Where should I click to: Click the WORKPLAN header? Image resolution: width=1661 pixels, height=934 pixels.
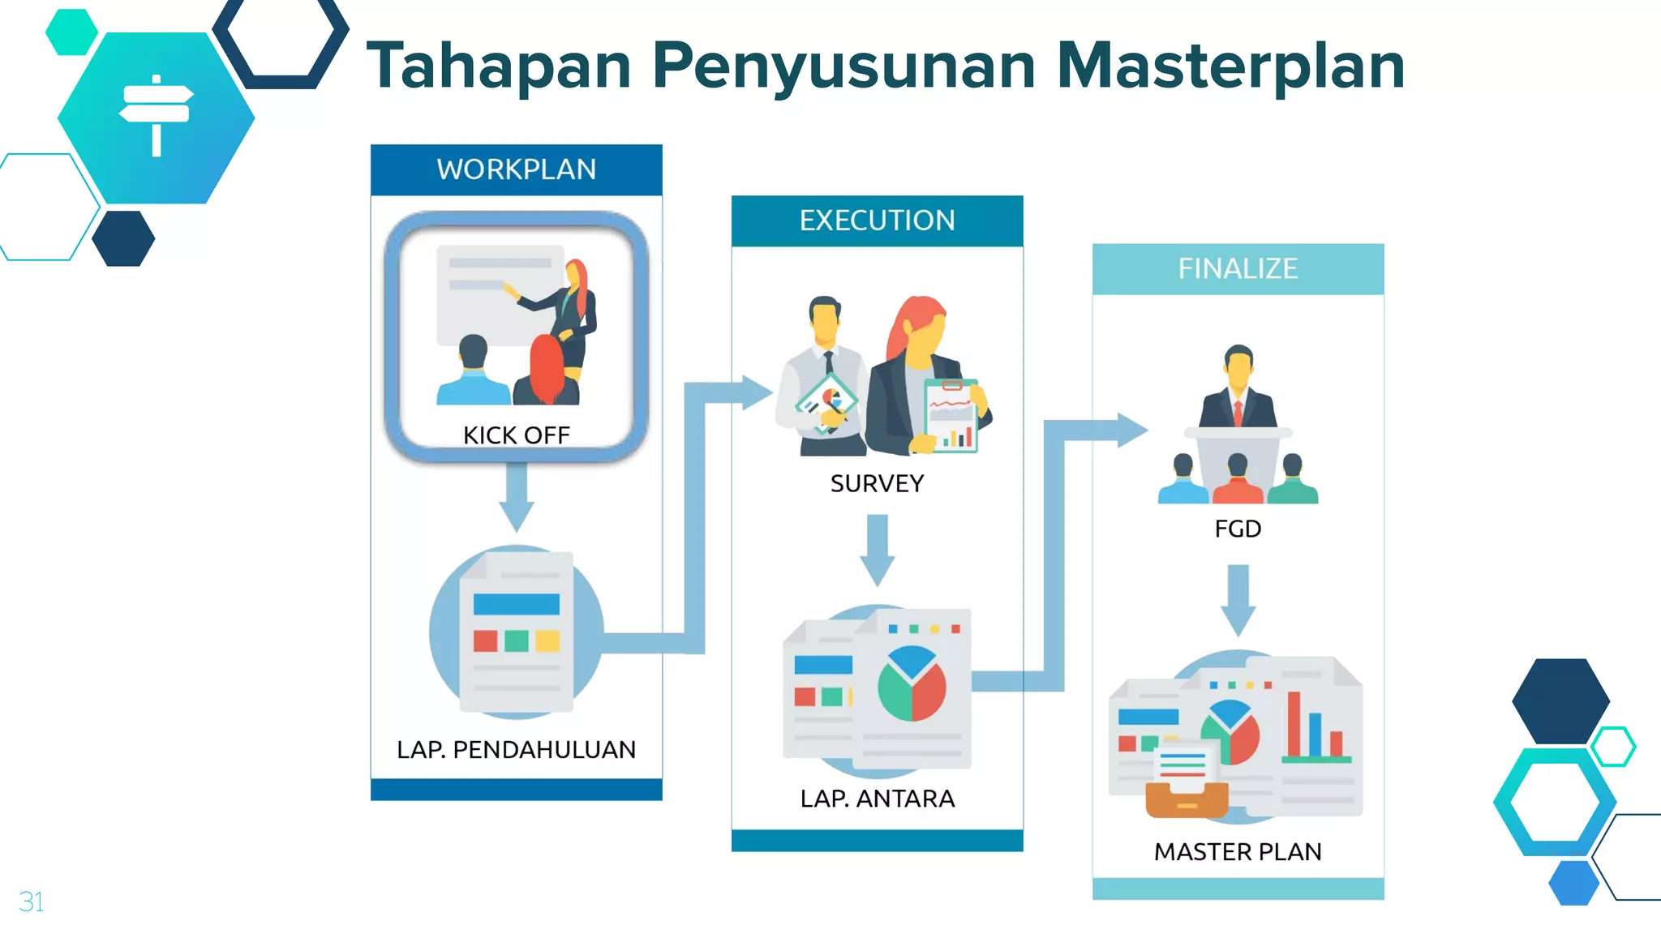pos(516,169)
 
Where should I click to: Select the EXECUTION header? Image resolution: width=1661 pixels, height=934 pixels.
pos(877,221)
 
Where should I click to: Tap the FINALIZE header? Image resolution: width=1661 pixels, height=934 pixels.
pos(1238,268)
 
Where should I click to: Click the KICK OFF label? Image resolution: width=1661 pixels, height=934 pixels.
pos(516,435)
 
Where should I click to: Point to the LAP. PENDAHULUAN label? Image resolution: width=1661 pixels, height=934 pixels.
pos(516,750)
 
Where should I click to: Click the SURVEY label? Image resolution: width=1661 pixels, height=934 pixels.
pos(877,484)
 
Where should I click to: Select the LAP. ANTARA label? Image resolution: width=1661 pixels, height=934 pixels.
pos(877,799)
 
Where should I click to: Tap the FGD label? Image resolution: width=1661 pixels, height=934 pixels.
pos(1238,529)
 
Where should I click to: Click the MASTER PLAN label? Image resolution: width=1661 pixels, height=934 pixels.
pos(1238,852)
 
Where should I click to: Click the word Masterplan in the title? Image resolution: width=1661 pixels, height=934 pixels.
pos(1230,66)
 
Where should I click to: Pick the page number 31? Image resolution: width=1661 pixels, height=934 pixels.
pos(31,902)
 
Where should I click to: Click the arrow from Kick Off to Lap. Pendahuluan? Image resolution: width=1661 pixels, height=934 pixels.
pos(516,497)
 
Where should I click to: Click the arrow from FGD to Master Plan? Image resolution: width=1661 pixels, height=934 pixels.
pos(1238,601)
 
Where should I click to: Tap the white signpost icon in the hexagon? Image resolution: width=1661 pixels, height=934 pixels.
pos(157,114)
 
